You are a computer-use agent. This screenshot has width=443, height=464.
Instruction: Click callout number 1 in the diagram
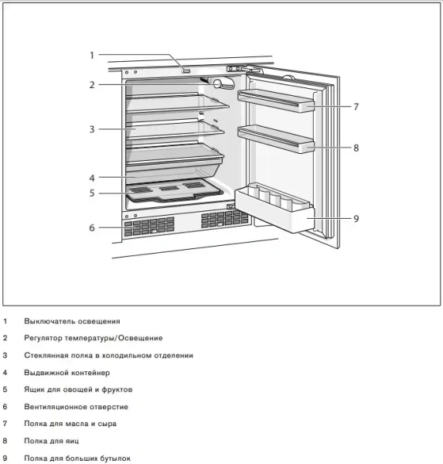(91, 55)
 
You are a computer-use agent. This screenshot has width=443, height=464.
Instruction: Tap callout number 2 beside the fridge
(91, 84)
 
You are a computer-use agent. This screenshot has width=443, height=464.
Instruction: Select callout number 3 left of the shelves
(91, 129)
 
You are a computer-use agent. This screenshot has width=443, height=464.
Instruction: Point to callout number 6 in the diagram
(91, 227)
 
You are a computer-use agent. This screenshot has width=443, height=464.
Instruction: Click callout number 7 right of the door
(356, 107)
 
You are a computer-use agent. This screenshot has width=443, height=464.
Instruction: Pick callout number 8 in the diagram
(356, 147)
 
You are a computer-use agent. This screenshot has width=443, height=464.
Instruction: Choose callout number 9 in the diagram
(356, 219)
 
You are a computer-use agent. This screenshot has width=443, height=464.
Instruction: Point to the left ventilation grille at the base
(148, 226)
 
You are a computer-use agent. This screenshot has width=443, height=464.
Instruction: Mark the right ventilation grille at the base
(225, 220)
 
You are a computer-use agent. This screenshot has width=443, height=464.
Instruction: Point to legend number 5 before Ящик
(5, 390)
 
